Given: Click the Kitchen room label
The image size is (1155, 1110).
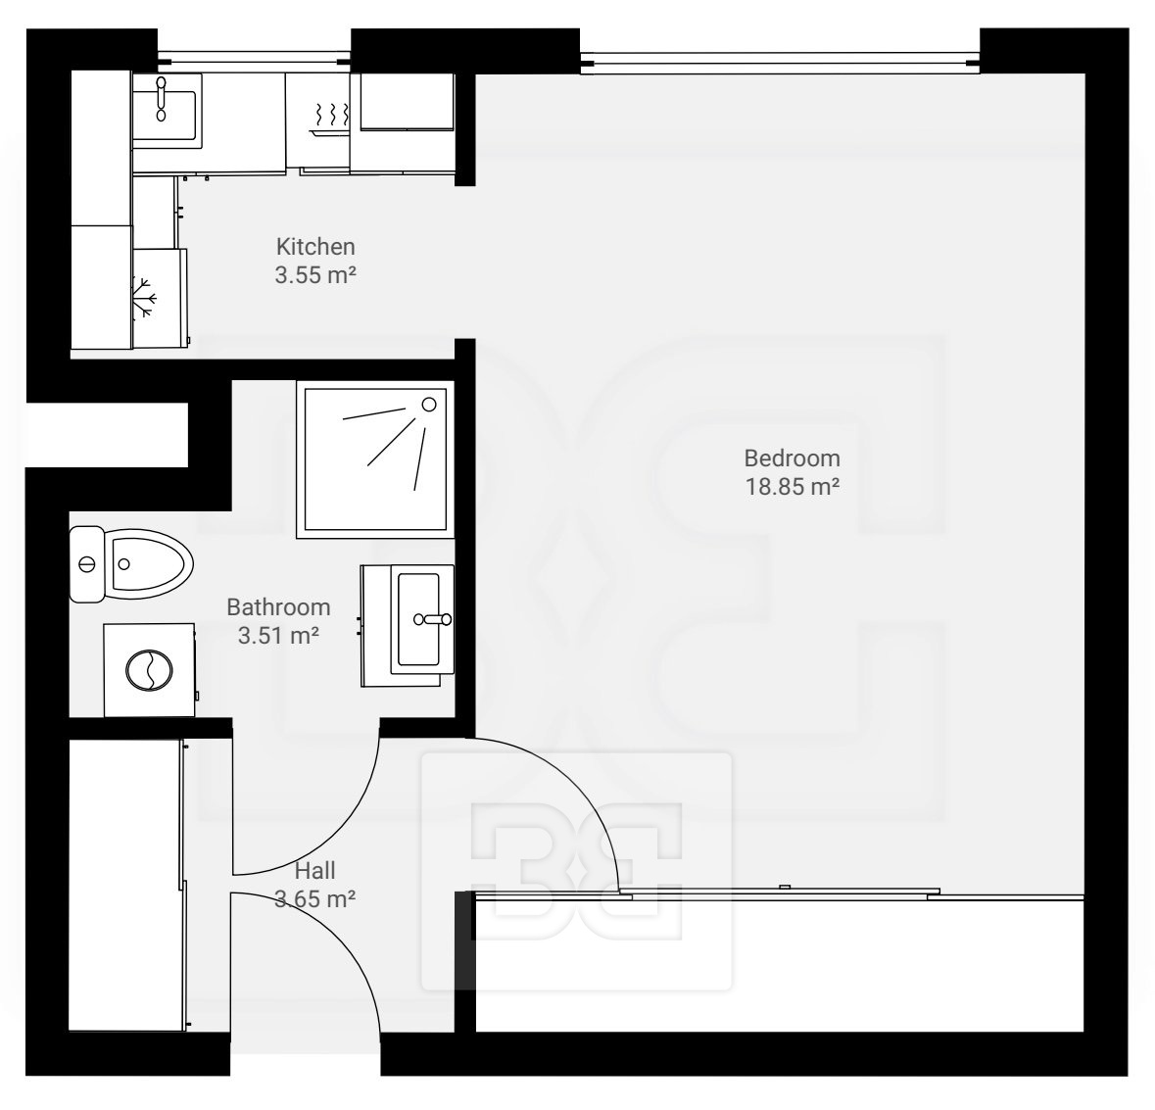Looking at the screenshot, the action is tap(315, 246).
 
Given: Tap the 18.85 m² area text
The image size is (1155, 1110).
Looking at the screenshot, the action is tap(793, 487).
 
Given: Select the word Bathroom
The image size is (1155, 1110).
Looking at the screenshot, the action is tap(278, 607).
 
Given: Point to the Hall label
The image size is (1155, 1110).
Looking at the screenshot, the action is tap(315, 871).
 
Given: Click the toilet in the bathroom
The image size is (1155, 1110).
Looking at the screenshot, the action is tap(130, 564).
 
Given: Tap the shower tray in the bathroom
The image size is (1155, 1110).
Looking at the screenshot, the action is tap(375, 458).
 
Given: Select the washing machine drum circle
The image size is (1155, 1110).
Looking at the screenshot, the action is tap(150, 670).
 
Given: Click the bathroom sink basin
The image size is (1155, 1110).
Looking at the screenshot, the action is tap(418, 619).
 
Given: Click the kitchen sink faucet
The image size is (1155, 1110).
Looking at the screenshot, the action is tap(162, 99).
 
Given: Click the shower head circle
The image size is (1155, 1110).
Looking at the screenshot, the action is tap(429, 405).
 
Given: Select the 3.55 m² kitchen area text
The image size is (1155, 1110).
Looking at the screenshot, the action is tap(315, 274).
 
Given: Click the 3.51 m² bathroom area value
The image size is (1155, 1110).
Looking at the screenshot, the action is tap(278, 635).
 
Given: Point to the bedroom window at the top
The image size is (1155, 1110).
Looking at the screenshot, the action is tap(780, 62).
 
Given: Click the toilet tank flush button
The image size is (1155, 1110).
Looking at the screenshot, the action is tap(87, 565).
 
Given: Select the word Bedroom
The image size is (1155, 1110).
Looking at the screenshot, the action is tap(792, 458).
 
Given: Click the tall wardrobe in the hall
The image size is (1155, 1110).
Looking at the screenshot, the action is tap(126, 886).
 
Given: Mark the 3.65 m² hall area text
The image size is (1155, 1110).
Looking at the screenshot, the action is tap(315, 899).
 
